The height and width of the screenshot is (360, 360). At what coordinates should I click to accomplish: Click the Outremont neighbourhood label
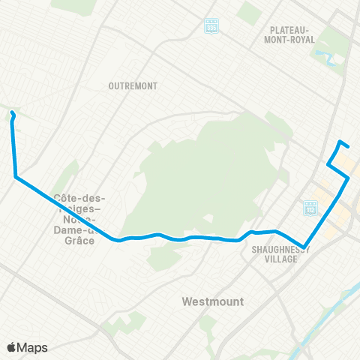tap(133, 86)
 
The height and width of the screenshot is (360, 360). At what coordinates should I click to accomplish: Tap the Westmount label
tap(213, 301)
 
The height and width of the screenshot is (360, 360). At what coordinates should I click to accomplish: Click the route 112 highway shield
tap(310, 206)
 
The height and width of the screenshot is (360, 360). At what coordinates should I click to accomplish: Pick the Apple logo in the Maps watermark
tap(12, 347)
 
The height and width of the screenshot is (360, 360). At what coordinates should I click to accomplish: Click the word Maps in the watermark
tap(33, 347)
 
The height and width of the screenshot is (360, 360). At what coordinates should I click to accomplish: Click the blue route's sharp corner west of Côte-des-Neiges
tap(15, 177)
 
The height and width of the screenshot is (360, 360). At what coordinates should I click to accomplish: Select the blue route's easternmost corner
tap(348, 178)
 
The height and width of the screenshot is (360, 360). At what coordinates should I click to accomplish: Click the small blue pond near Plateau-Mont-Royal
tap(323, 55)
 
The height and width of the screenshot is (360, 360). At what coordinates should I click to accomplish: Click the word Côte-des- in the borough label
tap(79, 199)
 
